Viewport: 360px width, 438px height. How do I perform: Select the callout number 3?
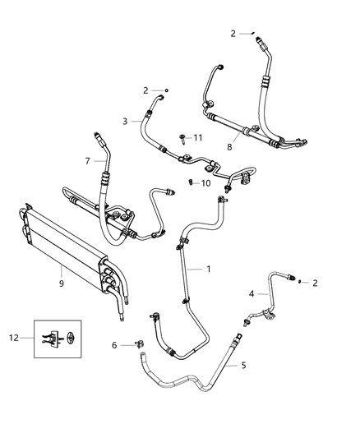tap(126, 122)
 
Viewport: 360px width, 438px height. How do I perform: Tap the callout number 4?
tap(252, 293)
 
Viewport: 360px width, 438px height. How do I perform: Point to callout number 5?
tap(242, 365)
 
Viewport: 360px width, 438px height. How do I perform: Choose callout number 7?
tap(87, 161)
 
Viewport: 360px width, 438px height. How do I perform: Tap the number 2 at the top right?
tap(233, 34)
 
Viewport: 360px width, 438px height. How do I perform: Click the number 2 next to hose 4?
tap(314, 283)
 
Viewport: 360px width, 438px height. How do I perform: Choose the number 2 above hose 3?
tap(145, 90)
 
